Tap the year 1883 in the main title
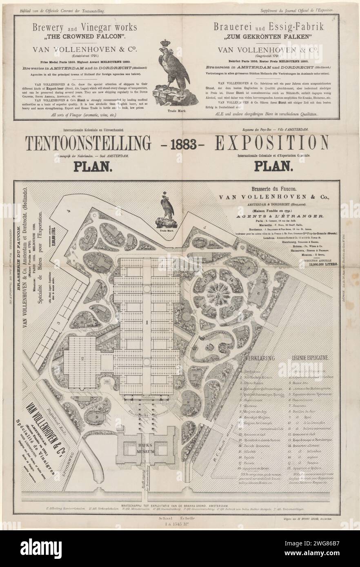pyautogui.click(x=180, y=144)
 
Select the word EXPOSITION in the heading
pyautogui.click(x=271, y=144)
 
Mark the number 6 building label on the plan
pyautogui.click(x=258, y=293)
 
